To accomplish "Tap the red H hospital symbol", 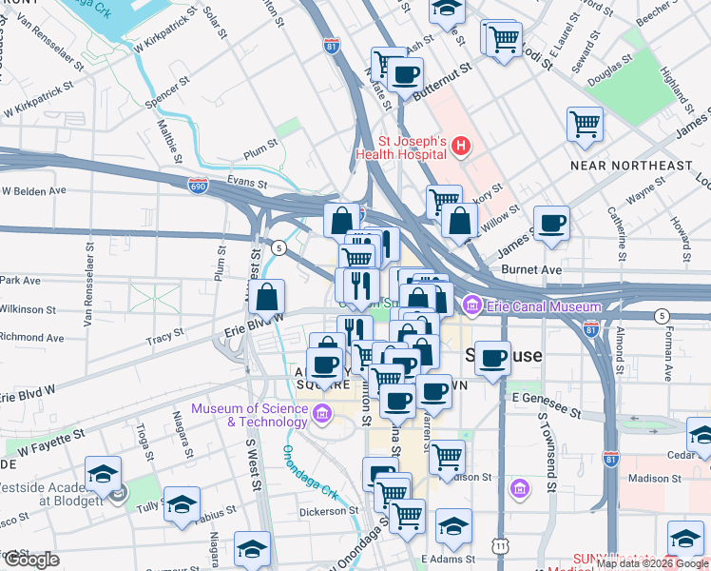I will point(461,147).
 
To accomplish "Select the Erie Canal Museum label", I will point(543,306).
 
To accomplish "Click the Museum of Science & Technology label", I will point(250,415).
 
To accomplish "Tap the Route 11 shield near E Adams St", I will point(500,545).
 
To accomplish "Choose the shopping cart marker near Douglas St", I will point(585,123).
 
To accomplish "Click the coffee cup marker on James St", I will point(551,223).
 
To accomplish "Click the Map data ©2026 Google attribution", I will point(652,563).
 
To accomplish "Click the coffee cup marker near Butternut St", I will point(406,73).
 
